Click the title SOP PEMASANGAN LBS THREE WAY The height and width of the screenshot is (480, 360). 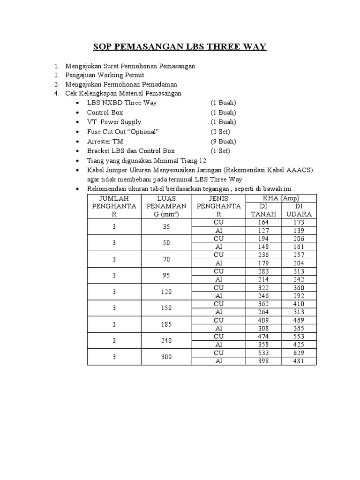180,47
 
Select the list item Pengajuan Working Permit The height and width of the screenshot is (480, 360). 105,75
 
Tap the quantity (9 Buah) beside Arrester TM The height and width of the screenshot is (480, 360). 223,141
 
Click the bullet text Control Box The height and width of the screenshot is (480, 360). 105,112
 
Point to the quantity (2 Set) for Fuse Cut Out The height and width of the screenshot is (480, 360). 221,132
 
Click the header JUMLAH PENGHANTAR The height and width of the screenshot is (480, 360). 114,206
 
